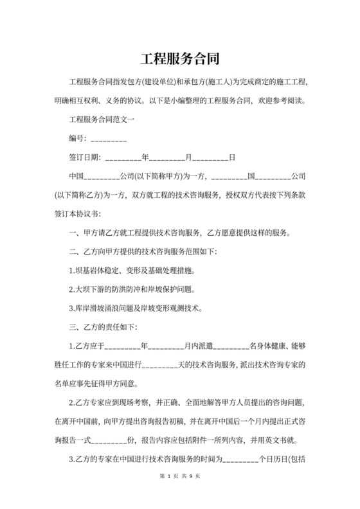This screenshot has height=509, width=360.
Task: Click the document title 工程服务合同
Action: click(x=179, y=59)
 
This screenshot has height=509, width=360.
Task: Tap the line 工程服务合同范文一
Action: click(x=101, y=120)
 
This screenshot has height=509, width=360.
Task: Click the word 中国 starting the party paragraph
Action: click(x=76, y=175)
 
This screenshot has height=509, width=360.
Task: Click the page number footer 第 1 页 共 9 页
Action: click(x=179, y=494)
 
